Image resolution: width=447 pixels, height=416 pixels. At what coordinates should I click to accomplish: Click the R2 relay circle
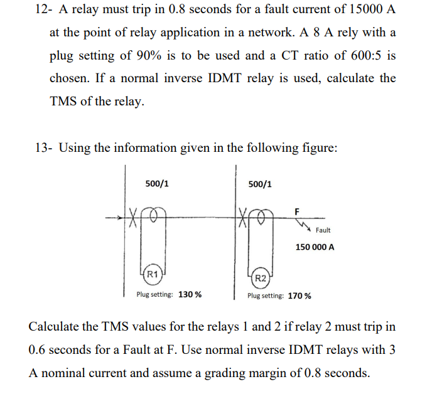tap(262, 278)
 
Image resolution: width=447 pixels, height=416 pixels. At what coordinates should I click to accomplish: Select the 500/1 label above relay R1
tap(156, 184)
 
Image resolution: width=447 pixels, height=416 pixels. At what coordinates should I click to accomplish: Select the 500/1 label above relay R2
tap(260, 184)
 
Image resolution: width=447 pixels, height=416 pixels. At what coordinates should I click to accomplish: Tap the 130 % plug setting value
tap(190, 294)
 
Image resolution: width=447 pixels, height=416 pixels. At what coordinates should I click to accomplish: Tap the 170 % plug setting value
tap(299, 296)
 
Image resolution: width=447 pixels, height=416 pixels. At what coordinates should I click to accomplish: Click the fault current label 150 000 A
tap(315, 247)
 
